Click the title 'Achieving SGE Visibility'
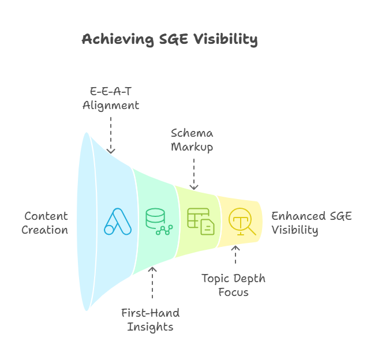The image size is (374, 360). coord(169,39)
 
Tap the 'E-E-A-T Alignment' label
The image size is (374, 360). coord(110,99)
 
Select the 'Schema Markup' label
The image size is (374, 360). coord(192,140)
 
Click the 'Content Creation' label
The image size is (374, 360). coord(45,223)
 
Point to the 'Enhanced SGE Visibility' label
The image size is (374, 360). coord(312,223)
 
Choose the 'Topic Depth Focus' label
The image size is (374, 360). coord(233,285)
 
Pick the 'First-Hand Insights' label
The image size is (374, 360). coord(150,320)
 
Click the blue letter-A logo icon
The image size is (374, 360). coord(118,222)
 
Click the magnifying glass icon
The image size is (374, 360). coord(242,221)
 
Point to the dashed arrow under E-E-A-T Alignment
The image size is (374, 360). coord(111,134)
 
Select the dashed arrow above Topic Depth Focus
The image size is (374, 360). coord(235,256)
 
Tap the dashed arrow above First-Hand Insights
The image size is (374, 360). coord(152,284)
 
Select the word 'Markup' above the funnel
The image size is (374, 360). coord(192,147)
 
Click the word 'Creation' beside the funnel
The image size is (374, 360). coord(45,230)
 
